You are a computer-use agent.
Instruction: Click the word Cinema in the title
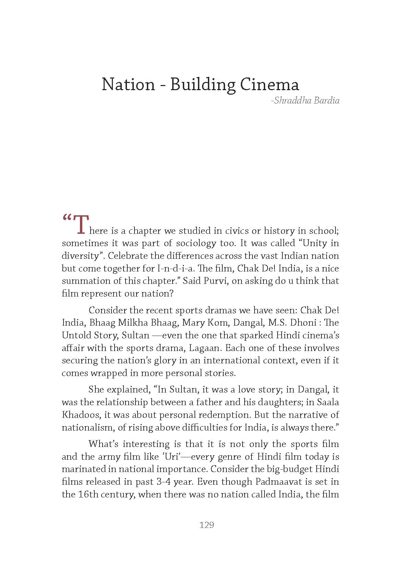[269, 84]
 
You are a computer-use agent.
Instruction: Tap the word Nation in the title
[128, 84]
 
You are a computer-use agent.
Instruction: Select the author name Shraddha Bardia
[305, 101]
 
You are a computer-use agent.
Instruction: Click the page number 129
[207, 525]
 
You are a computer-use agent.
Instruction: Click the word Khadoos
[81, 415]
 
